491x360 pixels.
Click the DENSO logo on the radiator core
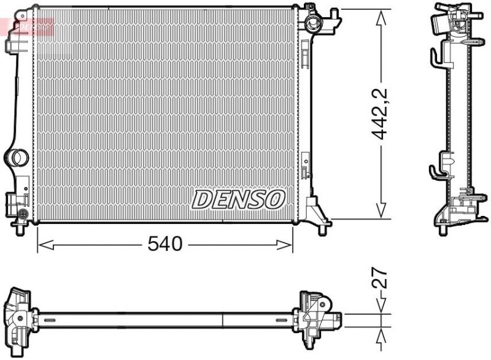(239, 198)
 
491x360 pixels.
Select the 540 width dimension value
(165, 244)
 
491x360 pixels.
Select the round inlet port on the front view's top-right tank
(314, 25)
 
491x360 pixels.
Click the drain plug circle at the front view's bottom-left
(23, 214)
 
